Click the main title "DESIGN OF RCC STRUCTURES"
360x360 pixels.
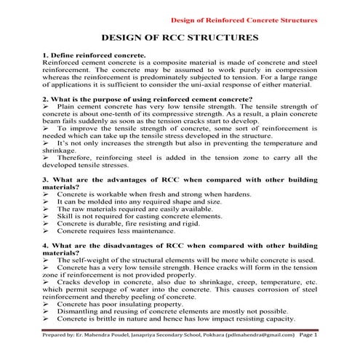click(x=179, y=37)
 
